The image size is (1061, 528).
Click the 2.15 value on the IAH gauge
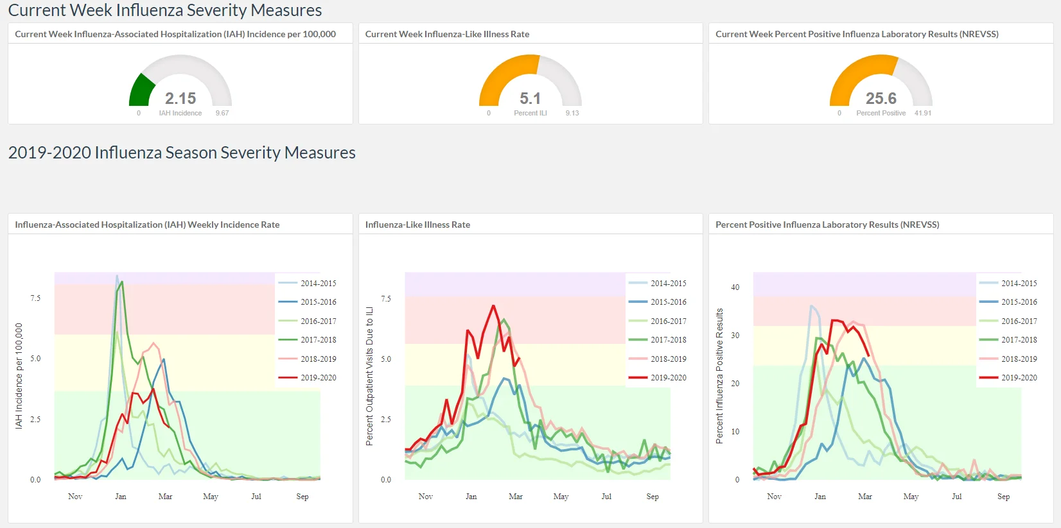click(x=180, y=98)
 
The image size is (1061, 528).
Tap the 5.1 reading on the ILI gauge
click(x=530, y=98)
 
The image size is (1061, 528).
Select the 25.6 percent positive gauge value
click(x=881, y=98)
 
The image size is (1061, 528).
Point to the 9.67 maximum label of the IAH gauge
click(x=222, y=113)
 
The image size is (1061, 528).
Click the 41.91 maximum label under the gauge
click(x=923, y=113)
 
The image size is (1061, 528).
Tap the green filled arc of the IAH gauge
click(x=141, y=90)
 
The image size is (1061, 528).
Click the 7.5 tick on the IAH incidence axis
click(x=35, y=298)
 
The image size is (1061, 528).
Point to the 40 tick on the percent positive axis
click(x=735, y=287)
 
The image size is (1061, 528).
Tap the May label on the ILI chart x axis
click(x=561, y=497)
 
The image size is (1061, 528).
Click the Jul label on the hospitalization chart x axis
click(x=256, y=497)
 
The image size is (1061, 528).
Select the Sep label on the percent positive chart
click(x=1003, y=497)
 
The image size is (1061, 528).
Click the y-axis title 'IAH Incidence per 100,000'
click(x=19, y=376)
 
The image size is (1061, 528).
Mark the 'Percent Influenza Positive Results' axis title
click(x=719, y=376)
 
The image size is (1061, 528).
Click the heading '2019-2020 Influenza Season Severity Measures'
click(x=182, y=153)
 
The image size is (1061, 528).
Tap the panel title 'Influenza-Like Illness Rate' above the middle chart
click(x=417, y=225)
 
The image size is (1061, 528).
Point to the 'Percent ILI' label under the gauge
click(x=530, y=113)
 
